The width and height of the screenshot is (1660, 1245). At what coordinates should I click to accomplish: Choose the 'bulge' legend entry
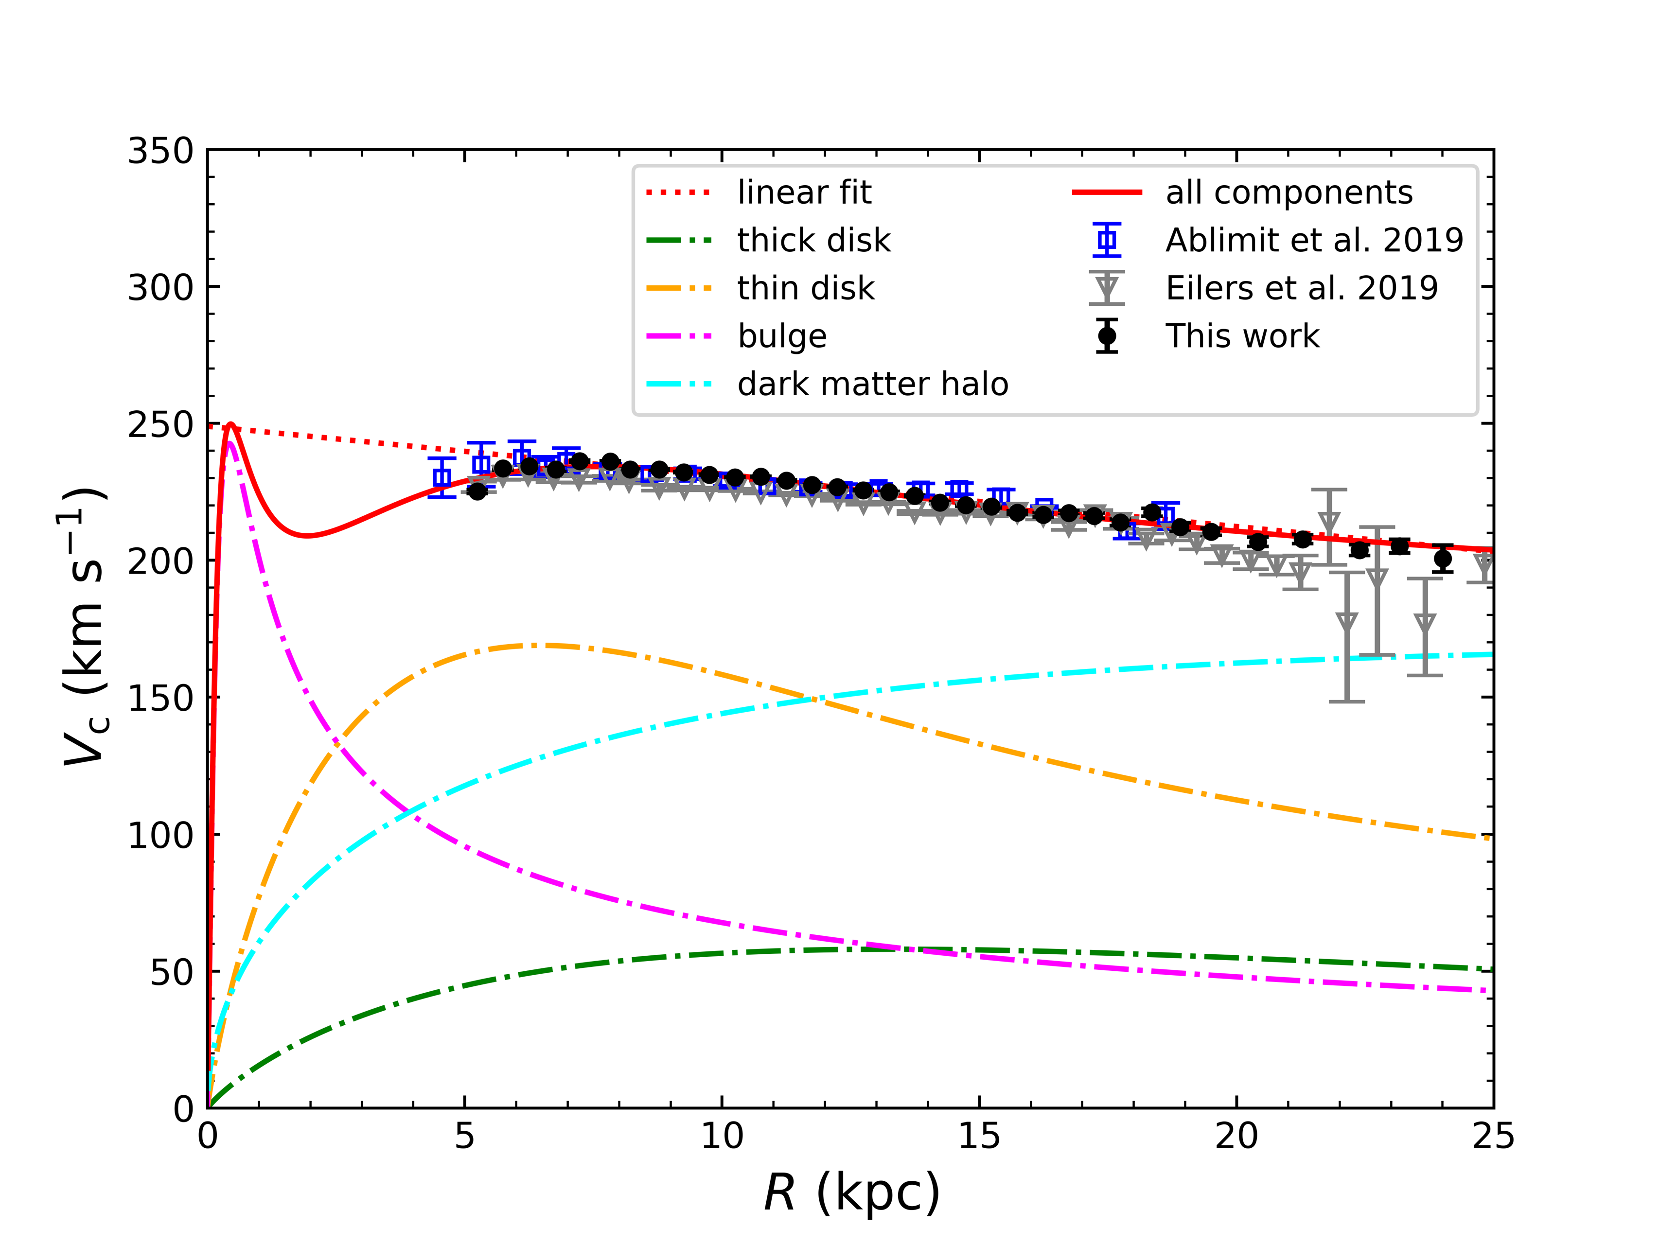tap(782, 337)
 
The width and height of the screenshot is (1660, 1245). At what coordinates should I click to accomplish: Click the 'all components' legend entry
tap(1289, 193)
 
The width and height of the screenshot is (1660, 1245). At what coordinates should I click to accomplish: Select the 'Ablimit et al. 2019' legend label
tap(1314, 241)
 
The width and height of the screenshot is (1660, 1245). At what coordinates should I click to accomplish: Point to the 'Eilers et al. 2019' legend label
tap(1301, 289)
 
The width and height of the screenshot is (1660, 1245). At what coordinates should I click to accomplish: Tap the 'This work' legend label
tap(1242, 337)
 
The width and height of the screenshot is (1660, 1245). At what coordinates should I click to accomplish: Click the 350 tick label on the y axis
tap(160, 152)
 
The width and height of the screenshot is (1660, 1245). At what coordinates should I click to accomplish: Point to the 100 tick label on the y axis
tap(160, 835)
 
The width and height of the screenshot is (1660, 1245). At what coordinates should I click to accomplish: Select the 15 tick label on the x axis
tap(979, 1137)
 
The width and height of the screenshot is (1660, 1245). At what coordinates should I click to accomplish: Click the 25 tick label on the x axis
tap(1493, 1137)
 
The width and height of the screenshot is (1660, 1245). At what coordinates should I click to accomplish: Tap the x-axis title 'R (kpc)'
tap(851, 1193)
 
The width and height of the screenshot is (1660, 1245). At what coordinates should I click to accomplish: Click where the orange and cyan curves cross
tap(813, 700)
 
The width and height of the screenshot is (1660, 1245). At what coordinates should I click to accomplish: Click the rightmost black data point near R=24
tap(1442, 559)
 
